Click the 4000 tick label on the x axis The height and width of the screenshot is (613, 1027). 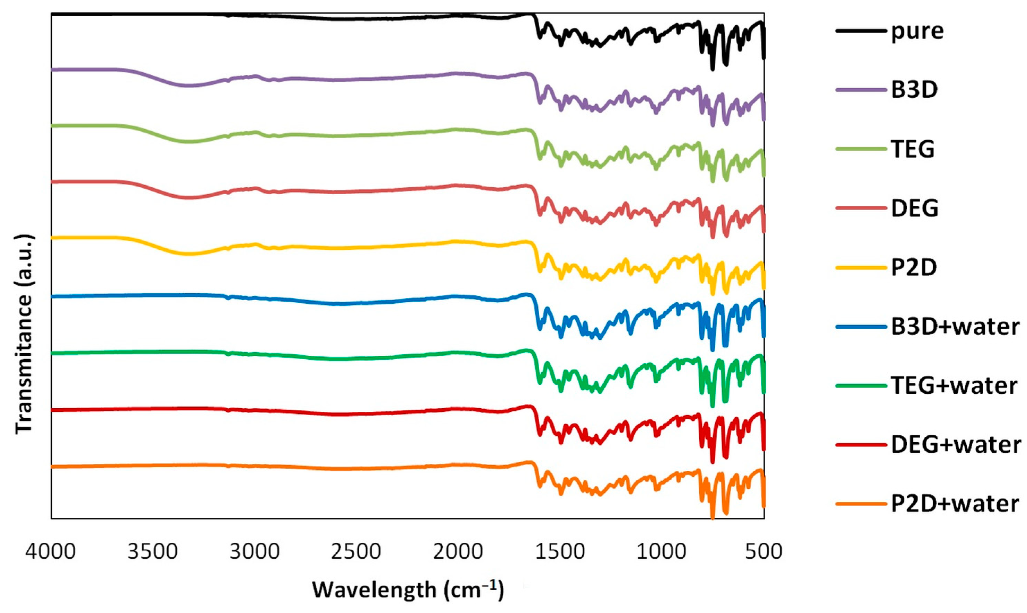coord(51,551)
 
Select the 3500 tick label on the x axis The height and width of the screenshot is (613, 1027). coord(152,551)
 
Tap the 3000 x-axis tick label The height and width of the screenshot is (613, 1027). coord(255,551)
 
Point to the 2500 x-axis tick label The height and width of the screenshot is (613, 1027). coord(356,551)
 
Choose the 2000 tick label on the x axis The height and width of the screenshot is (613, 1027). coord(458,551)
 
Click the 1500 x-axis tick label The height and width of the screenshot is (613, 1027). coord(560,551)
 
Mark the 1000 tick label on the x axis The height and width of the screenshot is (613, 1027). coord(661,551)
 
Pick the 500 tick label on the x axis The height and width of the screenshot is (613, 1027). coord(764,551)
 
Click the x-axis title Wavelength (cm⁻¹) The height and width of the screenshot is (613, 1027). coord(408,589)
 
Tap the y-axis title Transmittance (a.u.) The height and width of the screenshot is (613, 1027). coord(24,335)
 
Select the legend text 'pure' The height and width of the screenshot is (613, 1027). coord(917,32)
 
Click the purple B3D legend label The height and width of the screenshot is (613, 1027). coord(914,90)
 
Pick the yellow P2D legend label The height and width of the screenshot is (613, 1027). coord(914,267)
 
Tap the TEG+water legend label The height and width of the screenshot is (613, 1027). coord(954,386)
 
